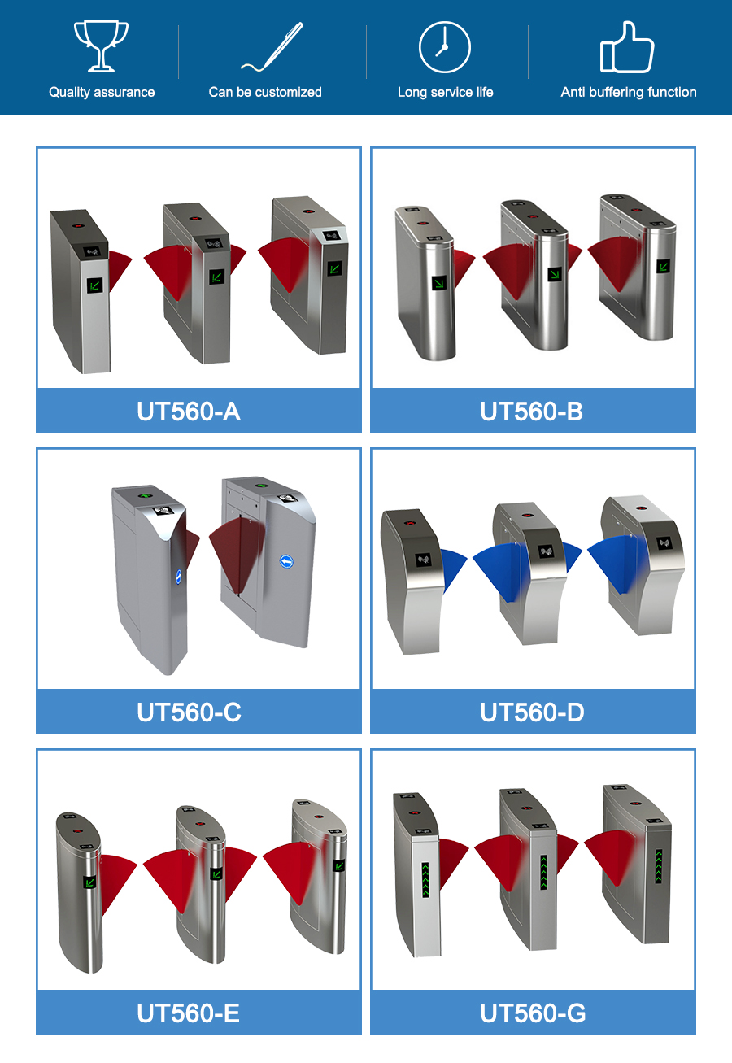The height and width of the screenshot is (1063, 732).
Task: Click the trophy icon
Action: click(101, 46)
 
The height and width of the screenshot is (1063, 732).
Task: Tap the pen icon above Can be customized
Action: click(272, 47)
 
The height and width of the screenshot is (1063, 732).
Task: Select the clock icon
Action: click(445, 47)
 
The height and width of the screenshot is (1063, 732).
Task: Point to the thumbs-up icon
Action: click(627, 47)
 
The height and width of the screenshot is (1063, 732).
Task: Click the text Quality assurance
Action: click(102, 92)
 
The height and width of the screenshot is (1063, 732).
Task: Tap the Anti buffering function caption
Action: click(629, 92)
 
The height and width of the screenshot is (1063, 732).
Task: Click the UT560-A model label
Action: click(189, 412)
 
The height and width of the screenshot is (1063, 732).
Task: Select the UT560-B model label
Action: click(531, 412)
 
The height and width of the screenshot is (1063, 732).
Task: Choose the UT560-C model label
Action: click(189, 712)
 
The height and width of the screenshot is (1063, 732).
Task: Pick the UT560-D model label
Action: click(532, 712)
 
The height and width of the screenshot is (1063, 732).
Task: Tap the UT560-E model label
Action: click(188, 1013)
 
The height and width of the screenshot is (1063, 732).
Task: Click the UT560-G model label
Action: click(533, 1013)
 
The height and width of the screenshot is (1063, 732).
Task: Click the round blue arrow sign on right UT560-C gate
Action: click(286, 562)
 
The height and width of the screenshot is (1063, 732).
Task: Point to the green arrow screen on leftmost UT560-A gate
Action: click(95, 285)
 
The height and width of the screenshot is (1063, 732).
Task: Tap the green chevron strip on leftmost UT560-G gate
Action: click(425, 880)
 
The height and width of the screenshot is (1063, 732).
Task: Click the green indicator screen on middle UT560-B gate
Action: click(555, 274)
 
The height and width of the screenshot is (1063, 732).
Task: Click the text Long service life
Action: click(445, 92)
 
